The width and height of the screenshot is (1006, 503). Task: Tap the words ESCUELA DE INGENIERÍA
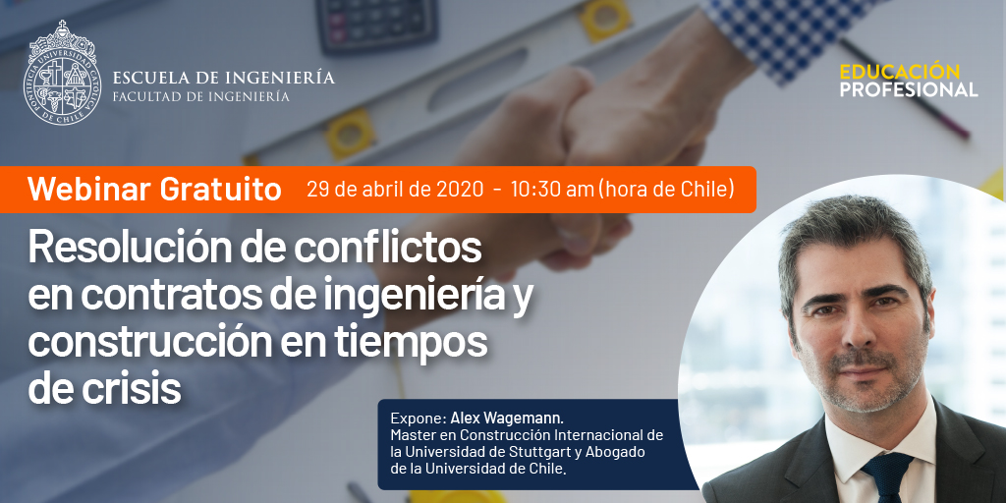[x=223, y=79]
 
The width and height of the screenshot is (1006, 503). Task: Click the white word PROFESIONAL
[x=909, y=89]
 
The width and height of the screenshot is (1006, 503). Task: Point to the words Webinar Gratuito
[x=154, y=190]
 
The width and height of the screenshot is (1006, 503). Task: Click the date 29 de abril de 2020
[x=395, y=190]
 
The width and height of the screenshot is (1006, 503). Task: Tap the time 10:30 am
[x=552, y=190]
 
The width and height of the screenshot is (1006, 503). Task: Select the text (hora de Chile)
[x=666, y=190]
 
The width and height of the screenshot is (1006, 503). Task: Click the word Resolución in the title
[x=121, y=248]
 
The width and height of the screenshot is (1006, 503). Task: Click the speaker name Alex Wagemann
[x=507, y=419]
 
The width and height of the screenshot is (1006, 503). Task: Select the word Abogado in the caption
[x=615, y=452]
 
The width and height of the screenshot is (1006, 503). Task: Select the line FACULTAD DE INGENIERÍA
[x=200, y=96]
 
